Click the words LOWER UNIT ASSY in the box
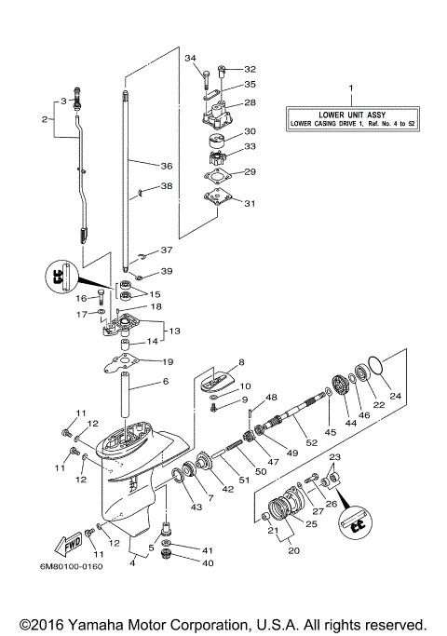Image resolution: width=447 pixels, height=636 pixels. pos(352,112)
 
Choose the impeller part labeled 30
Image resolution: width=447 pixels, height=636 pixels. pos(216,140)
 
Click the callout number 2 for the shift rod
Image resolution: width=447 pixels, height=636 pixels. pos(44,118)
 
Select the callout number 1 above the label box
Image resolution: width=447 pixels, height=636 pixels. pos(351,87)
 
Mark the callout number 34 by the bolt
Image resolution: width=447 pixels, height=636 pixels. pos(191,58)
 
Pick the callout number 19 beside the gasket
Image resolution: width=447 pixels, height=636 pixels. pos(168,361)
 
